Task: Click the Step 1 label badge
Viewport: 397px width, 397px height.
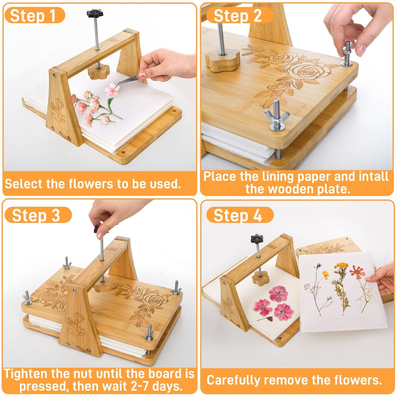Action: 34,15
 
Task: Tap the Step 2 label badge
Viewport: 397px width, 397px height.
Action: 240,15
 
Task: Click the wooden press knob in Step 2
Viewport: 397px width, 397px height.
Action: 223,61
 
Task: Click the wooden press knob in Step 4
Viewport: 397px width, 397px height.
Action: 260,278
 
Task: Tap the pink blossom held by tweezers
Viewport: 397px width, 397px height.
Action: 112,89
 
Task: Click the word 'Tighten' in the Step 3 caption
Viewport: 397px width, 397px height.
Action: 26,374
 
